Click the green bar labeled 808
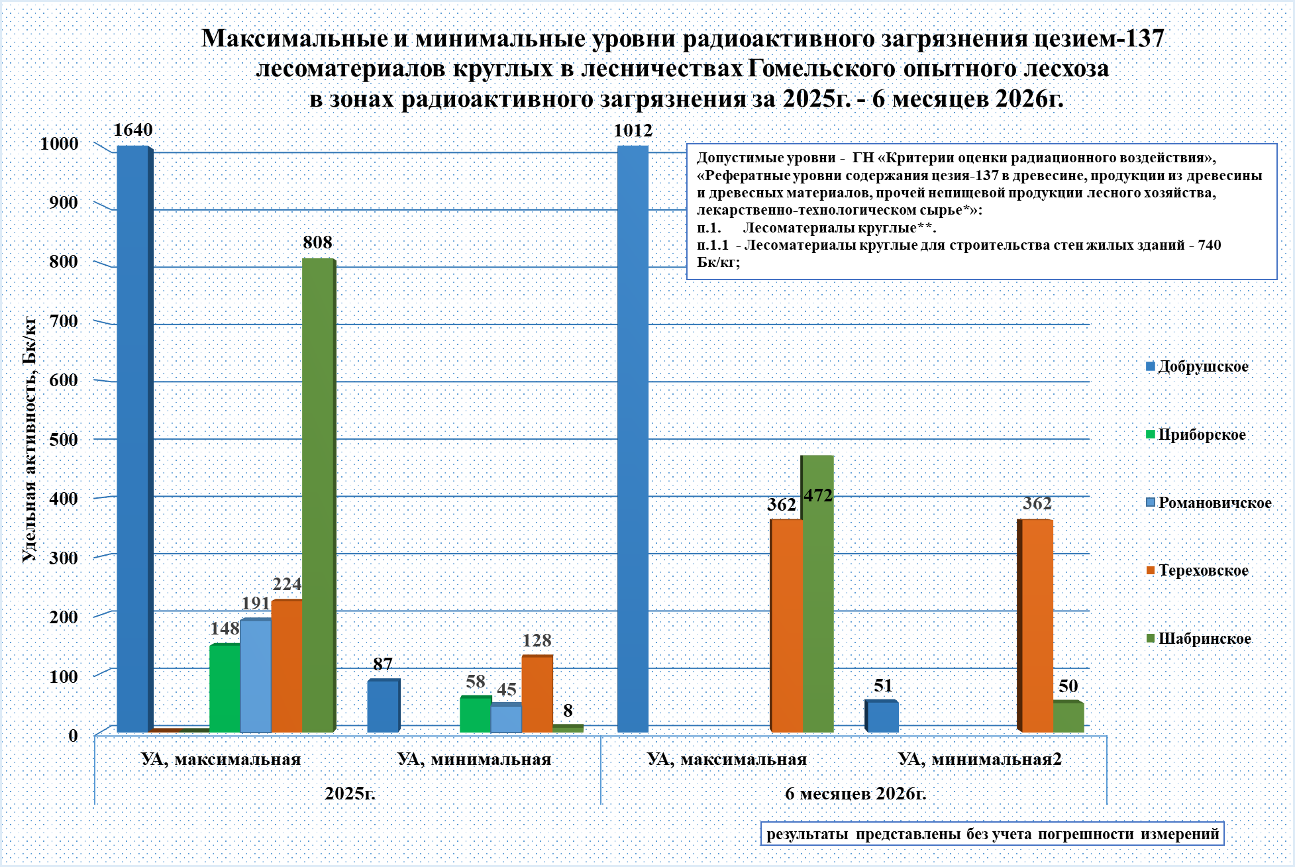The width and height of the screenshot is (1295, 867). [x=319, y=495]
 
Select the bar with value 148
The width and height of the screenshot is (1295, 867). [x=225, y=688]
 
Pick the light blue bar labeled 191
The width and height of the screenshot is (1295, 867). [x=256, y=676]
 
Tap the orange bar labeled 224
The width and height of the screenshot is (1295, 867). [x=287, y=666]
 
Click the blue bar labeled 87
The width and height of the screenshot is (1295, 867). [x=384, y=706]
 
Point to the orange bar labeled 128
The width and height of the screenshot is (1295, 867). [x=537, y=694]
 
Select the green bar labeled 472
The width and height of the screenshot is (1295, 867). [x=817, y=593]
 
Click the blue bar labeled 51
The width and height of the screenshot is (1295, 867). [x=882, y=717]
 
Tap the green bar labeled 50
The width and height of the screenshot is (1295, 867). [x=1068, y=717]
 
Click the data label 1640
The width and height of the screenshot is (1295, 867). [x=133, y=130]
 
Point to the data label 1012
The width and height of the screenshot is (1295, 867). [x=633, y=130]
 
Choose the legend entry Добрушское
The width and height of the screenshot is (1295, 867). [x=1197, y=366]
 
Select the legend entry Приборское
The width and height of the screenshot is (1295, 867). [x=1196, y=434]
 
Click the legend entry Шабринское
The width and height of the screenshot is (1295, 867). [x=1198, y=638]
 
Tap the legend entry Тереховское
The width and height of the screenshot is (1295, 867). [x=1197, y=570]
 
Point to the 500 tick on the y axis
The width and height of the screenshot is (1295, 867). [x=64, y=439]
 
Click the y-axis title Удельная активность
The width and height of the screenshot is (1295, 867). [x=30, y=439]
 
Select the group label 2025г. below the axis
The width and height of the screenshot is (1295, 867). [x=350, y=793]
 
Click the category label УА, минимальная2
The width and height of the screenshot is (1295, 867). [x=980, y=759]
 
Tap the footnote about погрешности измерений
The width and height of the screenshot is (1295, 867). [x=992, y=834]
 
